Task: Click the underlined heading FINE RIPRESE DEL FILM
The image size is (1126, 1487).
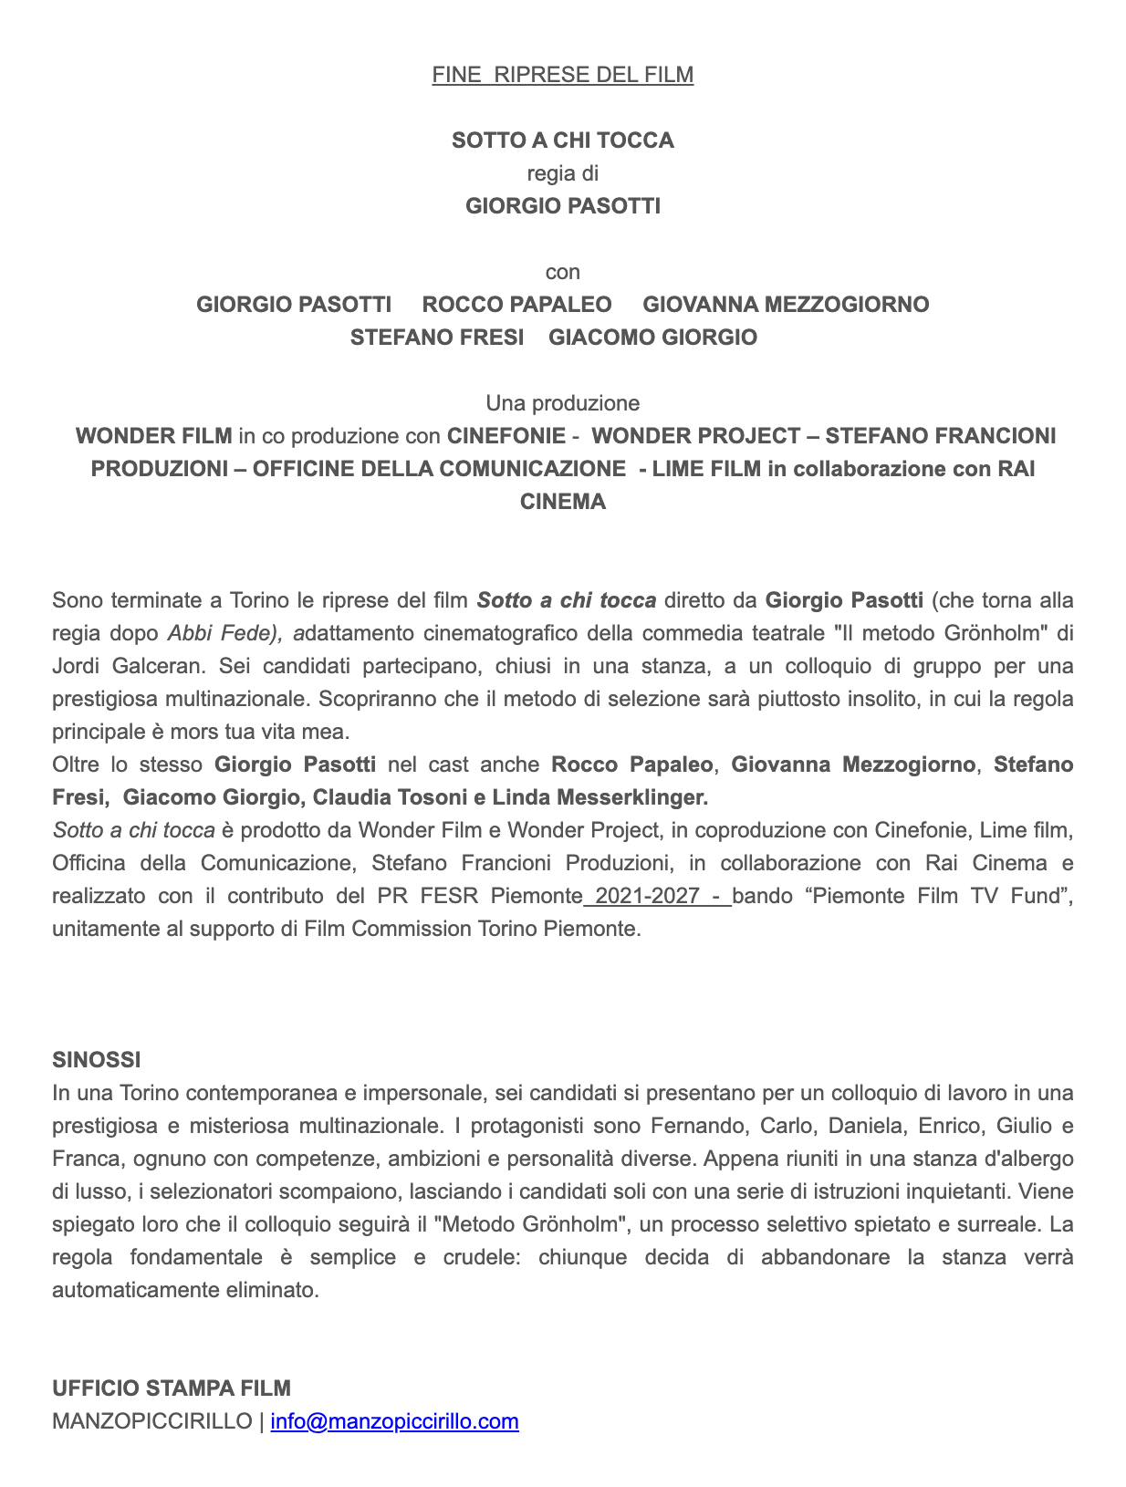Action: coord(562,75)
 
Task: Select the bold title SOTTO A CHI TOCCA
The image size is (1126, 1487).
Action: coord(562,140)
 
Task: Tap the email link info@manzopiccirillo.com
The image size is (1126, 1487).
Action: coord(394,1421)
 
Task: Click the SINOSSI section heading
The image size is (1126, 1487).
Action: coord(97,1060)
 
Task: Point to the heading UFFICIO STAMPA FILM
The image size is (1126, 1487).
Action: coord(172,1388)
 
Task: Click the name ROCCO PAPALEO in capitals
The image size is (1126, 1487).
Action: coord(516,305)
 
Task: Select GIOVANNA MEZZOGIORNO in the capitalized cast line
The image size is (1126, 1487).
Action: coord(786,305)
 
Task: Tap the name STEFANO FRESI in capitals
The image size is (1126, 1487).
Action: coord(437,338)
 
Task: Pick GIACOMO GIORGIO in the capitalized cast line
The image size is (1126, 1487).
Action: coord(652,338)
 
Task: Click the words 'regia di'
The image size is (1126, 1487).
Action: coord(562,173)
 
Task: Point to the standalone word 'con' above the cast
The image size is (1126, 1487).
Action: coord(562,272)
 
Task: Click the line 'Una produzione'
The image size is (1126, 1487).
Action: coord(562,403)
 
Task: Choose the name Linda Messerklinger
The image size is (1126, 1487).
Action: coord(599,797)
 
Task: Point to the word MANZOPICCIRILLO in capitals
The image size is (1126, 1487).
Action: coord(152,1421)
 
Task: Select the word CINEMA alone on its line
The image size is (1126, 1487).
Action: coord(562,502)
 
